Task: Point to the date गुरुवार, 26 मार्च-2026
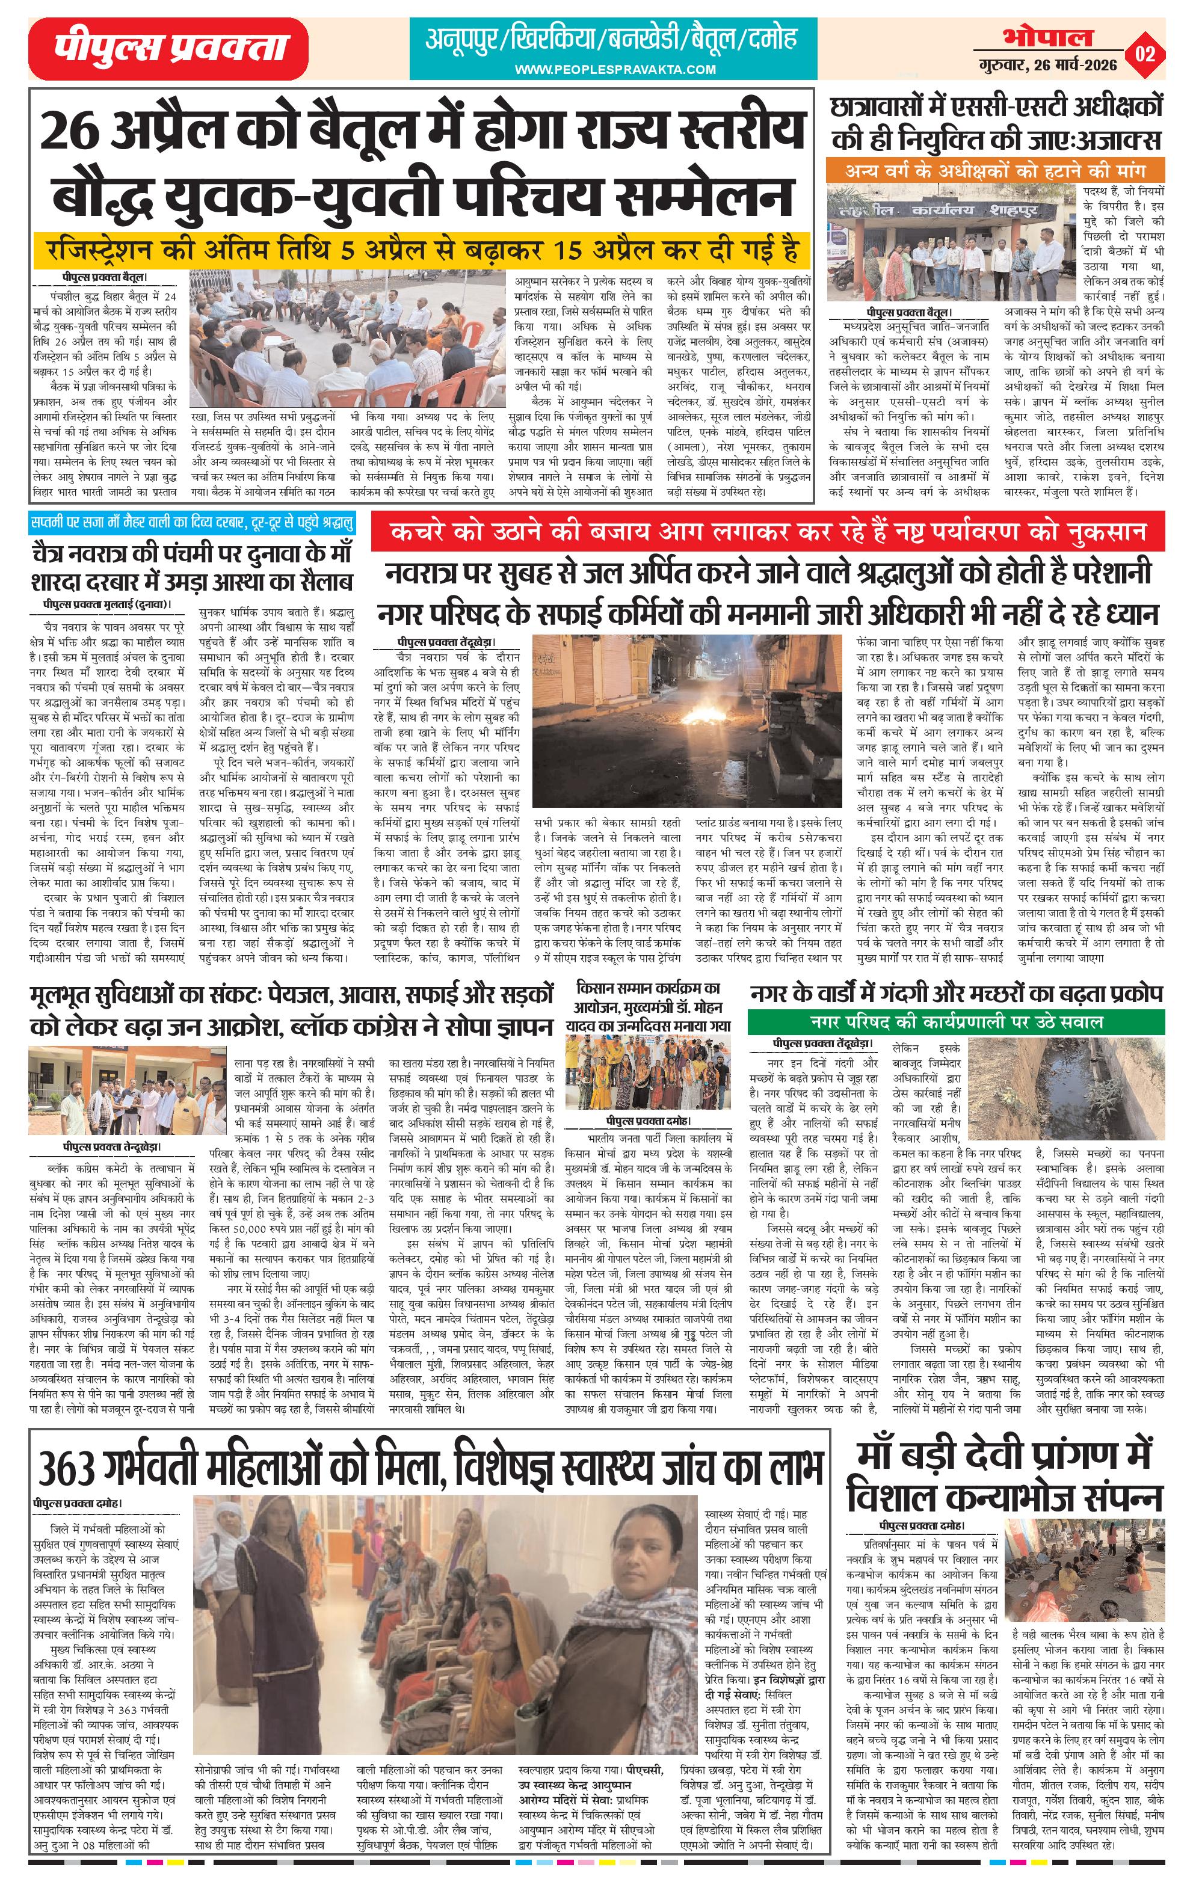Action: pos(1047,66)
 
